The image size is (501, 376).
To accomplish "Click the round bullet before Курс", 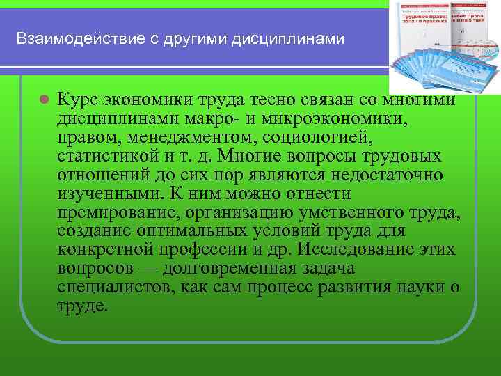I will (x=43, y=99).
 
